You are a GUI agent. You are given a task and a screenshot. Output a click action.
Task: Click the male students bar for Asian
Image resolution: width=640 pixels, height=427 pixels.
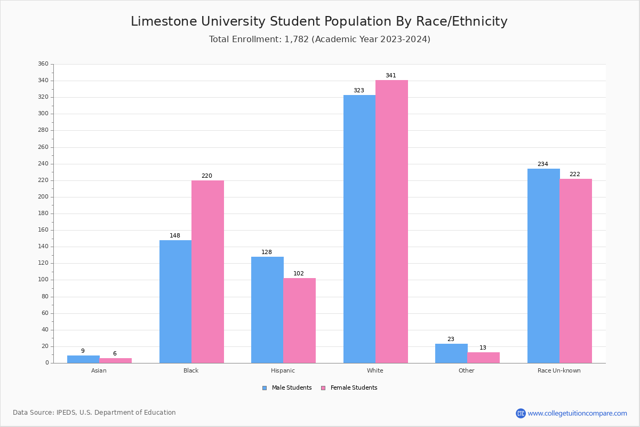83,359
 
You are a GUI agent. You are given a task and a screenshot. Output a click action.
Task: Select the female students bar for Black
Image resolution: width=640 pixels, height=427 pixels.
207,272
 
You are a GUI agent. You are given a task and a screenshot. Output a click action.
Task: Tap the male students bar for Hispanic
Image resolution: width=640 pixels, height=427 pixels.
267,310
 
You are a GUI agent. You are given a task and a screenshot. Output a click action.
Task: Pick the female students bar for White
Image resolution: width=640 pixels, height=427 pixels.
391,222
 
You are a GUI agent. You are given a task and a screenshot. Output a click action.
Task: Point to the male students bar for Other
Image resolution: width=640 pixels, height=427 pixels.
451,353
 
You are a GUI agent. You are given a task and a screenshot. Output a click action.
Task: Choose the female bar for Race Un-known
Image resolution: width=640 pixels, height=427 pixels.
575,271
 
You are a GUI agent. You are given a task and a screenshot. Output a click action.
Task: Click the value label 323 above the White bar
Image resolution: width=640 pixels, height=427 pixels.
359,91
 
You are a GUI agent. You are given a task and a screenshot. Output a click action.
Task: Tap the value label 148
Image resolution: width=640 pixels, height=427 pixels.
175,236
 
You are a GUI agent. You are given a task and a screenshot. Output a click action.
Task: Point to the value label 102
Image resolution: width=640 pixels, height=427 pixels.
299,274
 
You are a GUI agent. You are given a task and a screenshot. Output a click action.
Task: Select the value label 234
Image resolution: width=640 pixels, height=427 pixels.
543,164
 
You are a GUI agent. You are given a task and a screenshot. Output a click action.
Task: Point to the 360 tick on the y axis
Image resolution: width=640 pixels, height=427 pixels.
43,64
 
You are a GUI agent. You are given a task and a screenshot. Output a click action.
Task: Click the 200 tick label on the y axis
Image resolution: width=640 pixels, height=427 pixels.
43,197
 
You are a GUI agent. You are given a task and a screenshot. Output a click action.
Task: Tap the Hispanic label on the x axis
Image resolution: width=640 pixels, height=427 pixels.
283,370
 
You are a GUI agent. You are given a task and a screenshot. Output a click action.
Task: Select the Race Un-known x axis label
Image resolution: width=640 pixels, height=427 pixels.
559,370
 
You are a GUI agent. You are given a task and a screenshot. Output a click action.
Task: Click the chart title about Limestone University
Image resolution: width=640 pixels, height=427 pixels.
319,21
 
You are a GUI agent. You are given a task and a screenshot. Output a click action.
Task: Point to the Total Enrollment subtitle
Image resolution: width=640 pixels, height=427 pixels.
319,39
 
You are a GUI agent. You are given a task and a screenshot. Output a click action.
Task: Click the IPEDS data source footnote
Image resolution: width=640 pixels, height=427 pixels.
94,413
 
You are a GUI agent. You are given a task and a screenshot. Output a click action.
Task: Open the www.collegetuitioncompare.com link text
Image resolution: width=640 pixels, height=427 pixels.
577,413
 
